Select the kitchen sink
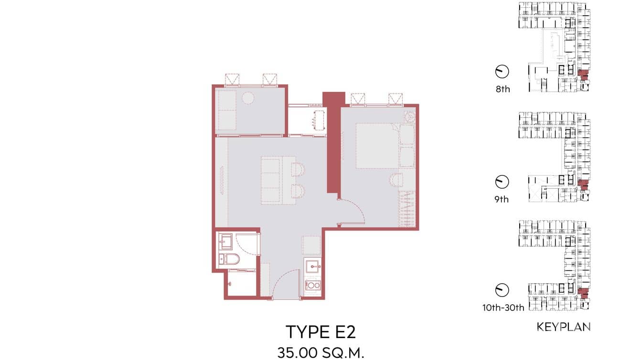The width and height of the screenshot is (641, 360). (313, 266)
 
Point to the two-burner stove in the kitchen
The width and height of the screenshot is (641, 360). (313, 286)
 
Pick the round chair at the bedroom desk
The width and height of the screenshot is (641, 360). (396, 180)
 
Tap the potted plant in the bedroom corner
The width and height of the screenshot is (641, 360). (409, 116)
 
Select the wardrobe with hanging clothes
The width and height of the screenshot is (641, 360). (406, 209)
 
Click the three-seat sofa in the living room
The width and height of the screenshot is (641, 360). (270, 180)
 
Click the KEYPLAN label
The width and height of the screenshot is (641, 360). (564, 327)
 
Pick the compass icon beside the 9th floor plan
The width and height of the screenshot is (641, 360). (502, 181)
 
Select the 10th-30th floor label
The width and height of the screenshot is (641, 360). (503, 307)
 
